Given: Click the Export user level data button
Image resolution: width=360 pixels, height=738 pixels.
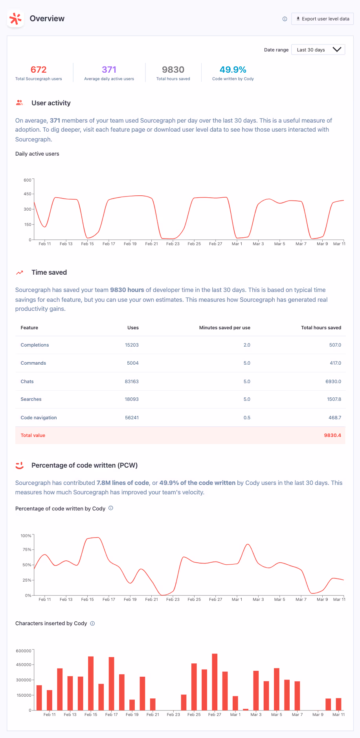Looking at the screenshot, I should click(x=322, y=19).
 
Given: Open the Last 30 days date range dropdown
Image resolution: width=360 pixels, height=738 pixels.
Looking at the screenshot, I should click(x=318, y=50).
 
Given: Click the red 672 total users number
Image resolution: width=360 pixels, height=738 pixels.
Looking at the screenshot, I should click(x=39, y=70).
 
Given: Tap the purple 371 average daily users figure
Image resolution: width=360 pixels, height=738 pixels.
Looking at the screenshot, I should click(x=109, y=70).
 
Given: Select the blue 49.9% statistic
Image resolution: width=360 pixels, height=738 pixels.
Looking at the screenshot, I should click(x=233, y=70).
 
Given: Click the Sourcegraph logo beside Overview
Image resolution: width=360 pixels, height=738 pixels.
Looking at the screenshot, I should click(x=16, y=19).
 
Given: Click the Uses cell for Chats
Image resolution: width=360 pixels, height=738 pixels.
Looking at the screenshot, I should click(x=132, y=382).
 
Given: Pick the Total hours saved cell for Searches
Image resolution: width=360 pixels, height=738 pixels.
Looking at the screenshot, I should click(x=334, y=399).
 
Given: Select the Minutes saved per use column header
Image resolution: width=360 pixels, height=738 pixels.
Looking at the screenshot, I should click(x=224, y=328).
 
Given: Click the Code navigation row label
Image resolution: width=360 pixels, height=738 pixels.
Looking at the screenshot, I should click(x=39, y=418).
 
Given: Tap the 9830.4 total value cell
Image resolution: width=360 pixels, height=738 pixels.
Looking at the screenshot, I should click(x=332, y=435).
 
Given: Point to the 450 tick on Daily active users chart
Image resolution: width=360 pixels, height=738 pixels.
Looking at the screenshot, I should click(x=27, y=194).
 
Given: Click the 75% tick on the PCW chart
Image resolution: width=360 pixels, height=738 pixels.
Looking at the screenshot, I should click(x=27, y=550).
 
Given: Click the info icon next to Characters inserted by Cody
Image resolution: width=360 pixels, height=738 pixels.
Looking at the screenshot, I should click(x=93, y=624).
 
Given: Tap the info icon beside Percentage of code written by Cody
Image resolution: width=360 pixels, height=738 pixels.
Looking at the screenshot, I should click(x=111, y=508).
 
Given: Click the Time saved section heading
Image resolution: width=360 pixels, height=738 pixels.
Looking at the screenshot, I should click(x=49, y=272).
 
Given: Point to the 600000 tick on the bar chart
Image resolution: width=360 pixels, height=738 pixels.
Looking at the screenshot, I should click(x=24, y=651).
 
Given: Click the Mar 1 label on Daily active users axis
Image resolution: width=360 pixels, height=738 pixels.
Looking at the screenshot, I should click(x=237, y=244).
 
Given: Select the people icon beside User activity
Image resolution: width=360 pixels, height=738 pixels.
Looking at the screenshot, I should click(x=19, y=103).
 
